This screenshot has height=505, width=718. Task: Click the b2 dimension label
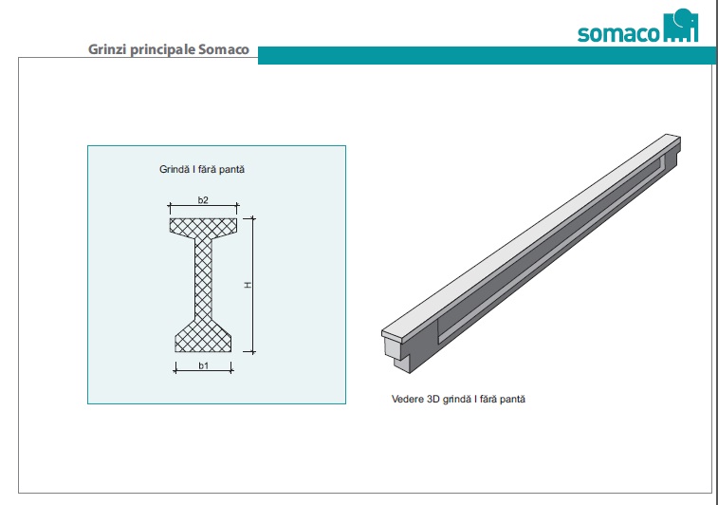point(203,198)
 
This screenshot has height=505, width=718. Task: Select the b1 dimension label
point(203,365)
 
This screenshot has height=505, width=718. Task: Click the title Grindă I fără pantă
point(203,170)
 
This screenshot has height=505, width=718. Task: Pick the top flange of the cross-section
point(203,227)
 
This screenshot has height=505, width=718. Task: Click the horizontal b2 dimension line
point(203,206)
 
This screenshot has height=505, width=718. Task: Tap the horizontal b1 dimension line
point(204,371)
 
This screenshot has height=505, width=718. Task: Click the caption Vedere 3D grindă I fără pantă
point(458,399)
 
